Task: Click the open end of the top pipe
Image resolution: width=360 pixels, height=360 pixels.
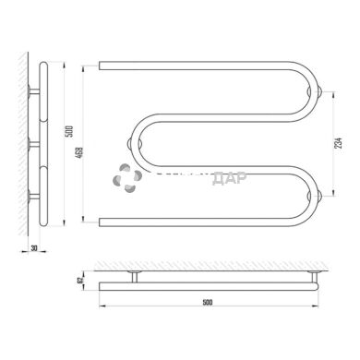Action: tap(101, 66)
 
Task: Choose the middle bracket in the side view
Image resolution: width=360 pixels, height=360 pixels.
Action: tap(34, 143)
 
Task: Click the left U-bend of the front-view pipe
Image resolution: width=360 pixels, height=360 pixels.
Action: tap(138, 143)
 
